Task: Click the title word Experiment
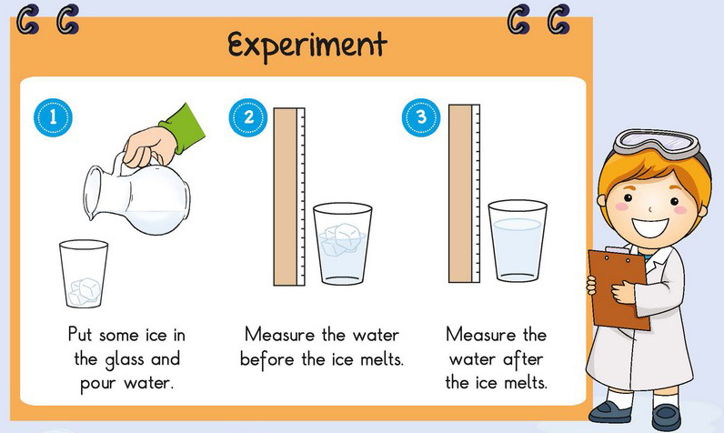tap(307, 45)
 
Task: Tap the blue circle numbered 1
tap(53, 117)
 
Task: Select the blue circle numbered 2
tap(248, 117)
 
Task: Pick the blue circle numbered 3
tap(421, 117)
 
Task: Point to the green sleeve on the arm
tap(184, 128)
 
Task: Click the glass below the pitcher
tap(84, 274)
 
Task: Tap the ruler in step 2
tap(289, 196)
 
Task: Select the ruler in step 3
tap(464, 194)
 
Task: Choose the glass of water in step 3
tap(518, 241)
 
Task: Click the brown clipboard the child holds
tap(618, 287)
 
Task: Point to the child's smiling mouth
tap(650, 227)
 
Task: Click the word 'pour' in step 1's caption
tap(98, 384)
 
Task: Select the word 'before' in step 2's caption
tap(266, 358)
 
